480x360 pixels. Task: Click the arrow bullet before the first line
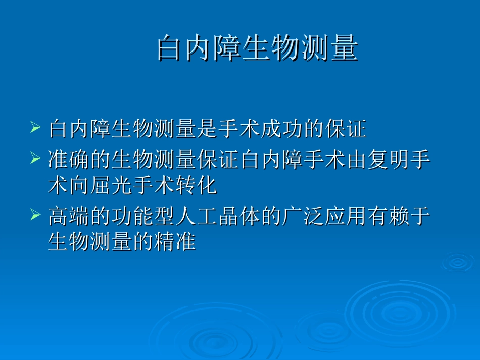35,128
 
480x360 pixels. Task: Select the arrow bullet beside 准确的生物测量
35,158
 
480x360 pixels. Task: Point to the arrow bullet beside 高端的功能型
35,215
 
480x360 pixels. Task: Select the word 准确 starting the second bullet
68,159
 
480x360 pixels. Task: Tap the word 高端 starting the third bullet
68,216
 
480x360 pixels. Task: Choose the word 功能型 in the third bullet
132,216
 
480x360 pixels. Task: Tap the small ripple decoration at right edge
458,262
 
